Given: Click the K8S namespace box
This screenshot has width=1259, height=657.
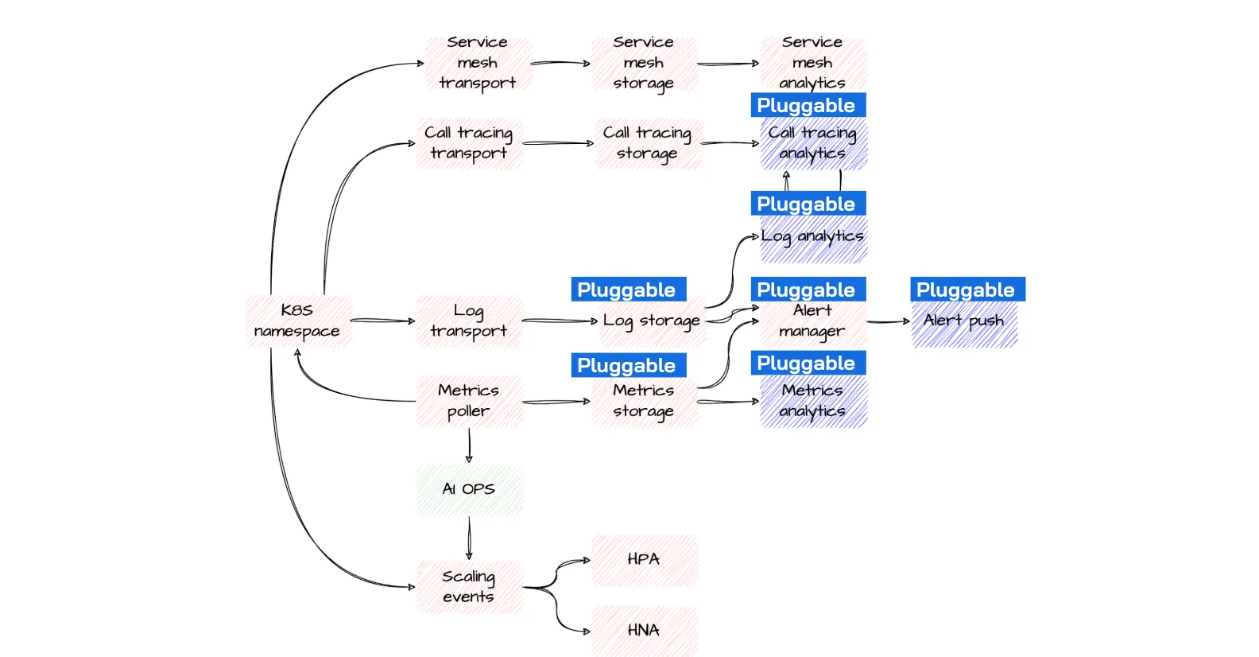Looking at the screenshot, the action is coord(298,321).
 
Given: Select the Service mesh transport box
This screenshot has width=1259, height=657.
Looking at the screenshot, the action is coord(478,63).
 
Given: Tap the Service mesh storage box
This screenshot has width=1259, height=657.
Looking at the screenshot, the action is coord(645,63).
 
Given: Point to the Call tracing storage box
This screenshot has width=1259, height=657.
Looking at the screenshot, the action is coord(649,143).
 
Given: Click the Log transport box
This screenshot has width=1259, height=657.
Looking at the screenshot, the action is coord(470,321).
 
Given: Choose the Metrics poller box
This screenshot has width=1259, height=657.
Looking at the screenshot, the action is coord(470,401).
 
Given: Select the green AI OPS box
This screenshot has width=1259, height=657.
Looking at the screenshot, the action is coord(470,490).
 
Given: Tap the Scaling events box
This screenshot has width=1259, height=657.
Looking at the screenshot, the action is coord(470,587).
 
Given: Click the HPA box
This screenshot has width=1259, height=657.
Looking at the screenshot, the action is coord(645,561).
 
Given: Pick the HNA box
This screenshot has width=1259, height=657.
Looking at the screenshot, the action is coord(645,631).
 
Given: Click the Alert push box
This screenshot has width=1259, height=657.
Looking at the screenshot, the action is coord(964,323).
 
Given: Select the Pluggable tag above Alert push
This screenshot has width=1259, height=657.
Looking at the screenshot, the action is coord(968,289).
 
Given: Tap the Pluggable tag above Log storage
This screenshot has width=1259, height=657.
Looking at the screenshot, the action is coord(629,289).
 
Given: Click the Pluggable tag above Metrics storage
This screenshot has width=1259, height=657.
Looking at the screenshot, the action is coord(629,365).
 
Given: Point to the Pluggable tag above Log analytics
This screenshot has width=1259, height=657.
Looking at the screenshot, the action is coord(808,203).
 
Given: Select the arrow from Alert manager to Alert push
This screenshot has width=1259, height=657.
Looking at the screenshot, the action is coord(889,322).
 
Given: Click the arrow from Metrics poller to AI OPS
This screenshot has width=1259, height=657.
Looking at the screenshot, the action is coord(469,445).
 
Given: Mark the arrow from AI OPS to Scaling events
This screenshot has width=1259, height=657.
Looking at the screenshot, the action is coord(469,538).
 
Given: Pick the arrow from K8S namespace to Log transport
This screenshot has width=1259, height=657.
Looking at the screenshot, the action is coord(383,321).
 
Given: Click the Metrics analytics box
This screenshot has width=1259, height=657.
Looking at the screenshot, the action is coord(814,401).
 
